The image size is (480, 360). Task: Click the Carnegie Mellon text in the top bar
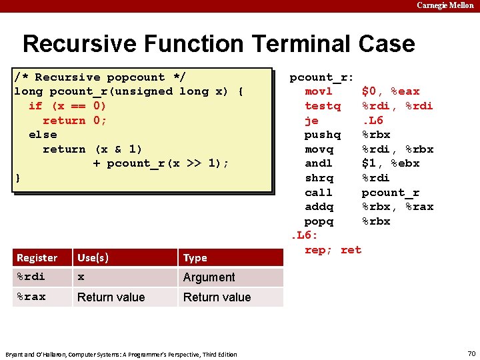pos(445,5)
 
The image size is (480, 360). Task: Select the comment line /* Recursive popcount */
pos(100,77)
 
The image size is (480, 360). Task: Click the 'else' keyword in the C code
pos(43,134)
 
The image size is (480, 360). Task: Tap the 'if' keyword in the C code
pos(35,105)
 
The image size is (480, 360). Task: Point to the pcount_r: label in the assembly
pos(321,77)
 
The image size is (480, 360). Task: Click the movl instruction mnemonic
pos(319,91)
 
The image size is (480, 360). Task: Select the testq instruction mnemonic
pos(322,106)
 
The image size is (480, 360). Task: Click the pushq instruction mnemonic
pos(322,135)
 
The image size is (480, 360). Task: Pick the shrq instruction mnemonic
pos(319,178)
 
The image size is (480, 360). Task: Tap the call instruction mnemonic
pos(319,193)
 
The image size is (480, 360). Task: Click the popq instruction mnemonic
pos(319,221)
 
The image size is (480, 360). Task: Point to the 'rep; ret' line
pos(333,250)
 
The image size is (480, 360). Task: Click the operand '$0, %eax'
pos(391,91)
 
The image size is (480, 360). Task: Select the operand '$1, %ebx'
pos(391,163)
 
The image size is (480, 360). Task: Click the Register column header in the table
pos(37,257)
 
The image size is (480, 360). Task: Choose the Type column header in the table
pos(195,257)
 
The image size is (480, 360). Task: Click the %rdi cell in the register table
pos(31,277)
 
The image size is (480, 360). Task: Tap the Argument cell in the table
pos(209,277)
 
